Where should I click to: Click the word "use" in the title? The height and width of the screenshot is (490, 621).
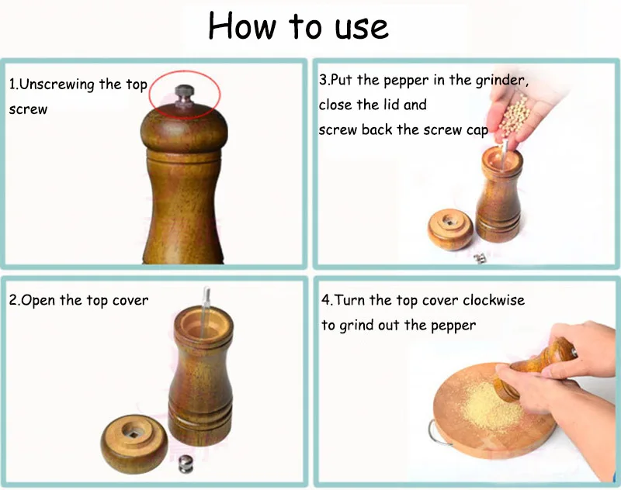[362, 29]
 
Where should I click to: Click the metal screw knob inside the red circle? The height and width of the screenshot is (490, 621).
[185, 95]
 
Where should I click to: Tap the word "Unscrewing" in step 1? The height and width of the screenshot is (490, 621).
[57, 85]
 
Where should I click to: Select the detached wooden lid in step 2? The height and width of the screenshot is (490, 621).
[134, 443]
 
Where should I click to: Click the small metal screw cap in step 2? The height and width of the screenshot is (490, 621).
[186, 464]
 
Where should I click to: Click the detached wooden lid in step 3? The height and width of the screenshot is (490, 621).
[450, 229]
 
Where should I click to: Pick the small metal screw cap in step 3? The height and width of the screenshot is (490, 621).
[480, 259]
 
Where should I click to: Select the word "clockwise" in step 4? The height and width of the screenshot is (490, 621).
[494, 300]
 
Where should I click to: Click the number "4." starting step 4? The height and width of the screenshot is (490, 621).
[327, 300]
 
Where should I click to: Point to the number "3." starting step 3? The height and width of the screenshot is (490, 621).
[324, 80]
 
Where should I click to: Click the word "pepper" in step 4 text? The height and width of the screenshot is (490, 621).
[453, 326]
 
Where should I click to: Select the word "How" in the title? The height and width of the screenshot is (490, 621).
[241, 26]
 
